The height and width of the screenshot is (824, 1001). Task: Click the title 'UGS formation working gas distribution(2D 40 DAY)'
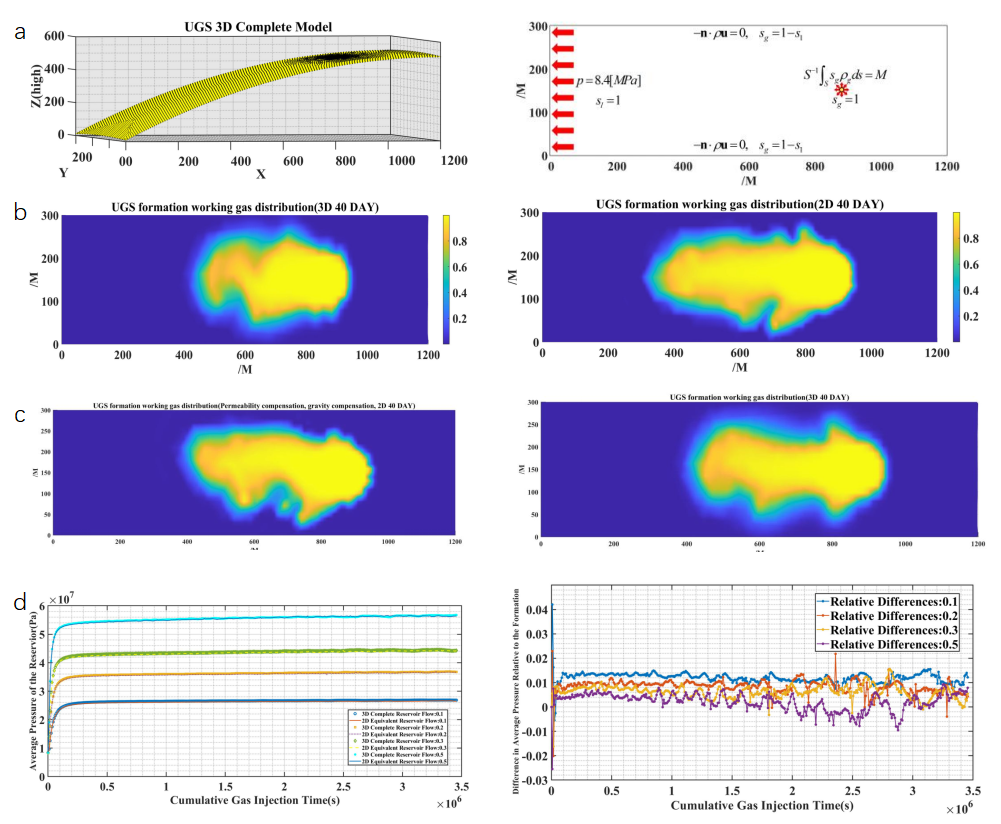click(x=740, y=204)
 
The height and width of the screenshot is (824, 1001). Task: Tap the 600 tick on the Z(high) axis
click(x=55, y=35)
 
